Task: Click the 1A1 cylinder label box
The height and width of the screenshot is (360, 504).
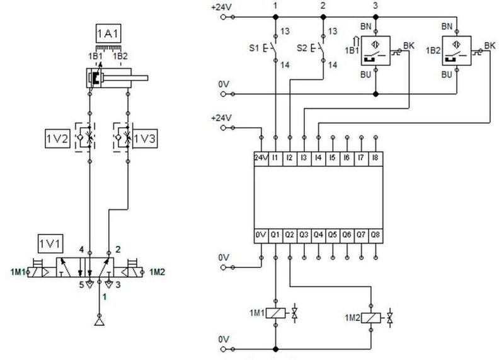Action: (x=108, y=33)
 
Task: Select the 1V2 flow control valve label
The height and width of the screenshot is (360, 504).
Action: (x=57, y=139)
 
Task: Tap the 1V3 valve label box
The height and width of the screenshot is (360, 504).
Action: (x=145, y=139)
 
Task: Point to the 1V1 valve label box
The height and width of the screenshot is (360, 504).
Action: (x=50, y=244)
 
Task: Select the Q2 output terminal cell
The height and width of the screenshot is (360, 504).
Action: (x=290, y=236)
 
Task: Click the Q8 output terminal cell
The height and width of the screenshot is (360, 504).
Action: (x=375, y=236)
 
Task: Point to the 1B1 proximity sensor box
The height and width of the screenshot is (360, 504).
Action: (x=375, y=50)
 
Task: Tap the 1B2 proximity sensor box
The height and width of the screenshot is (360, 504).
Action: (x=457, y=50)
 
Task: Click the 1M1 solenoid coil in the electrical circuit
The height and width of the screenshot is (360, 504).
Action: (x=275, y=313)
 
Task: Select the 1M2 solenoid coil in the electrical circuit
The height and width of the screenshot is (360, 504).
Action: (x=371, y=318)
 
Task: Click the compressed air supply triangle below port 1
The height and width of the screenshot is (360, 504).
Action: (x=100, y=322)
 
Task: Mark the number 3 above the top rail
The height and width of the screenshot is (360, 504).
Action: (x=375, y=6)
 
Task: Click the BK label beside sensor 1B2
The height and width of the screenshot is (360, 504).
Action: (x=490, y=45)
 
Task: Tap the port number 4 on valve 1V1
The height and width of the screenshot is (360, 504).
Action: (x=82, y=249)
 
